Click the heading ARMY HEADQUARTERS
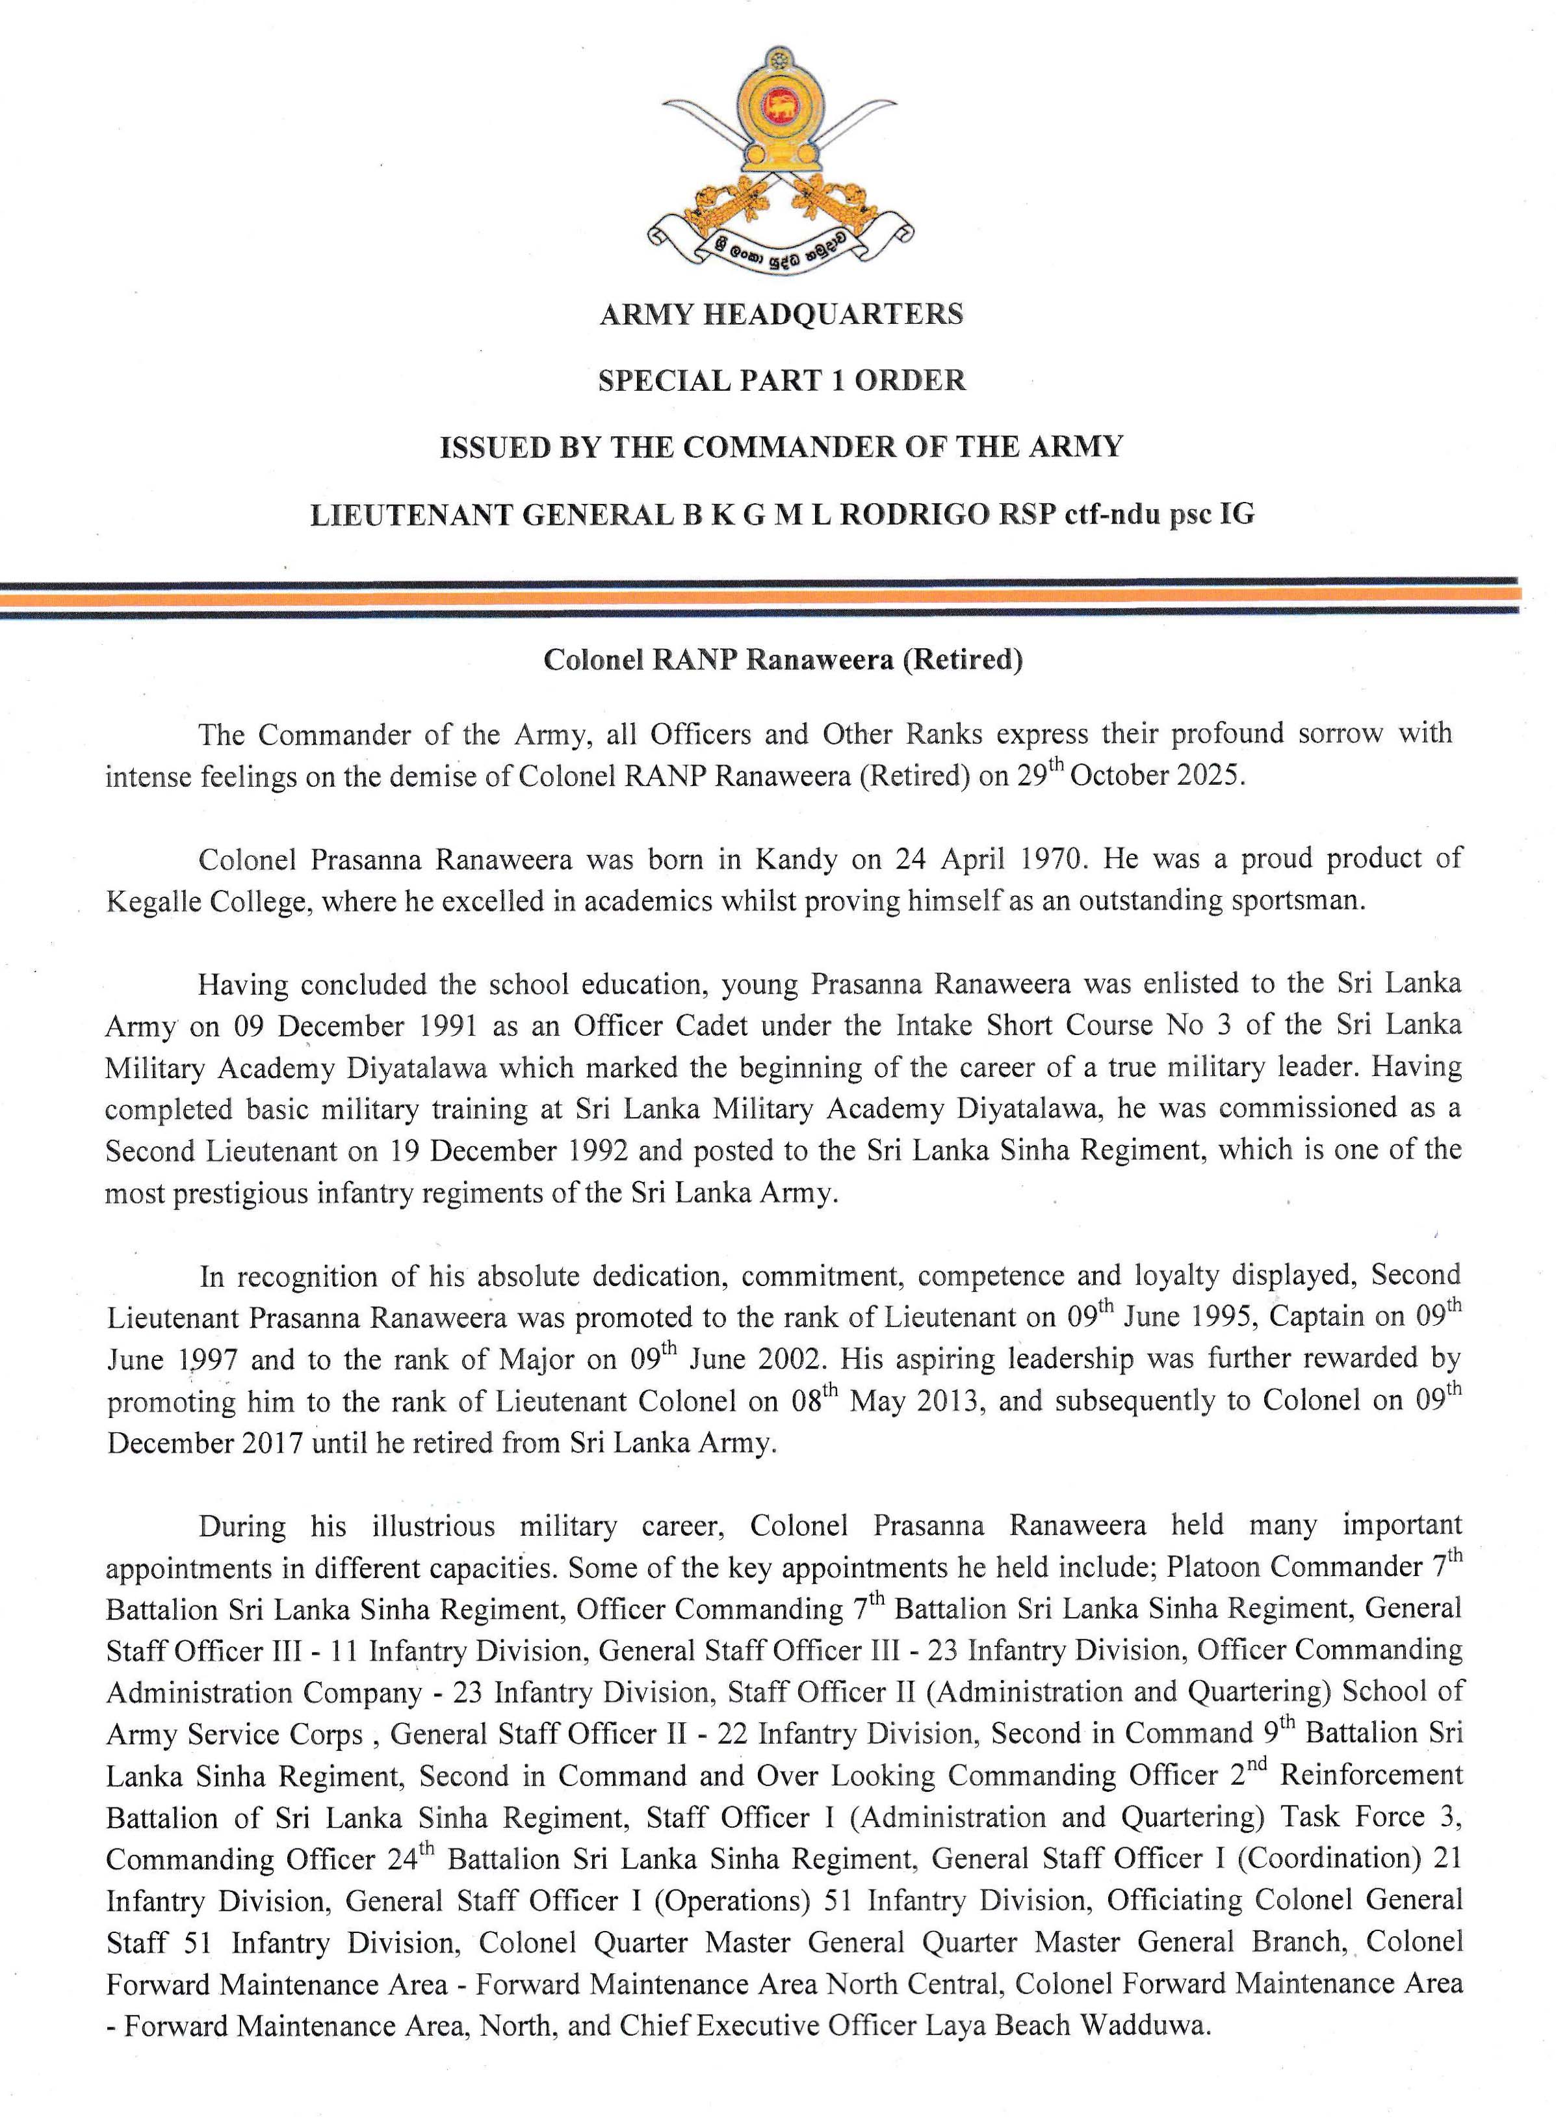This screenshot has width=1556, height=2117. pos(781,314)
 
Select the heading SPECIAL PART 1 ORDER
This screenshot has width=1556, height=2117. pos(781,380)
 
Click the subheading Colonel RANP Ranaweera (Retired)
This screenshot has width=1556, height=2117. pos(783,659)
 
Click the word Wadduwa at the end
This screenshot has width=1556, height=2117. pos(1145,2025)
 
